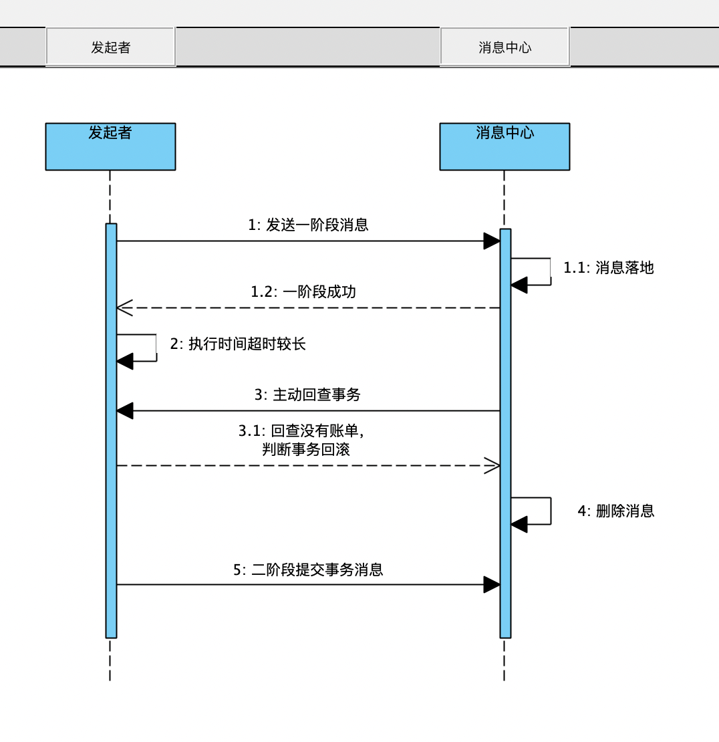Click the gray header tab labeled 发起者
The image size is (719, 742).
point(110,47)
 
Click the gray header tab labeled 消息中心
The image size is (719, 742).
point(505,47)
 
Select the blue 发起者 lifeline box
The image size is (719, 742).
point(110,146)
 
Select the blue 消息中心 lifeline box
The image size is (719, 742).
point(505,146)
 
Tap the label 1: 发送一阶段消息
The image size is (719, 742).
point(308,225)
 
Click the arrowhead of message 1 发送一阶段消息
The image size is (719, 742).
point(492,241)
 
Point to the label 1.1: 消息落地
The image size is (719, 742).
point(608,268)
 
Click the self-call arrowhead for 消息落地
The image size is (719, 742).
point(519,285)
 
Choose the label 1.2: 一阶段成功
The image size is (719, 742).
point(303,292)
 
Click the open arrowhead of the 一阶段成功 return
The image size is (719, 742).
point(125,307)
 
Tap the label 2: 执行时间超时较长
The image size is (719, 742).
point(238,344)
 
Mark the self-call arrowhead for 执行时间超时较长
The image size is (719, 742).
point(125,362)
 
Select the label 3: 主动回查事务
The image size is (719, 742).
point(307,394)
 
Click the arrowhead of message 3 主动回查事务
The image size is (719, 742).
point(125,410)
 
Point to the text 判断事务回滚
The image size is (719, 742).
point(306,449)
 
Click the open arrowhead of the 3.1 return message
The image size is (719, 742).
point(492,466)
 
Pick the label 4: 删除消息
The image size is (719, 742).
point(616,511)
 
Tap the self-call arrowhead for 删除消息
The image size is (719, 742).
point(519,524)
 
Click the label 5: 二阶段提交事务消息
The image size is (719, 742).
point(308,570)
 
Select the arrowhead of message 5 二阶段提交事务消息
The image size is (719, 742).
point(492,585)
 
